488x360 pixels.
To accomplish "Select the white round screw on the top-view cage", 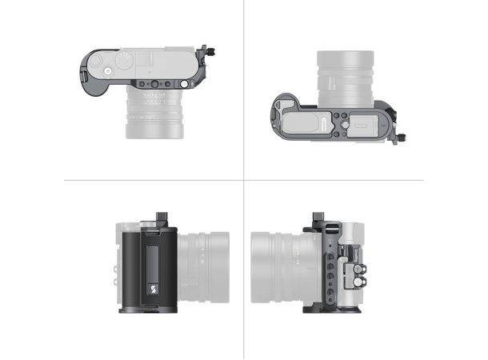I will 184,83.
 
